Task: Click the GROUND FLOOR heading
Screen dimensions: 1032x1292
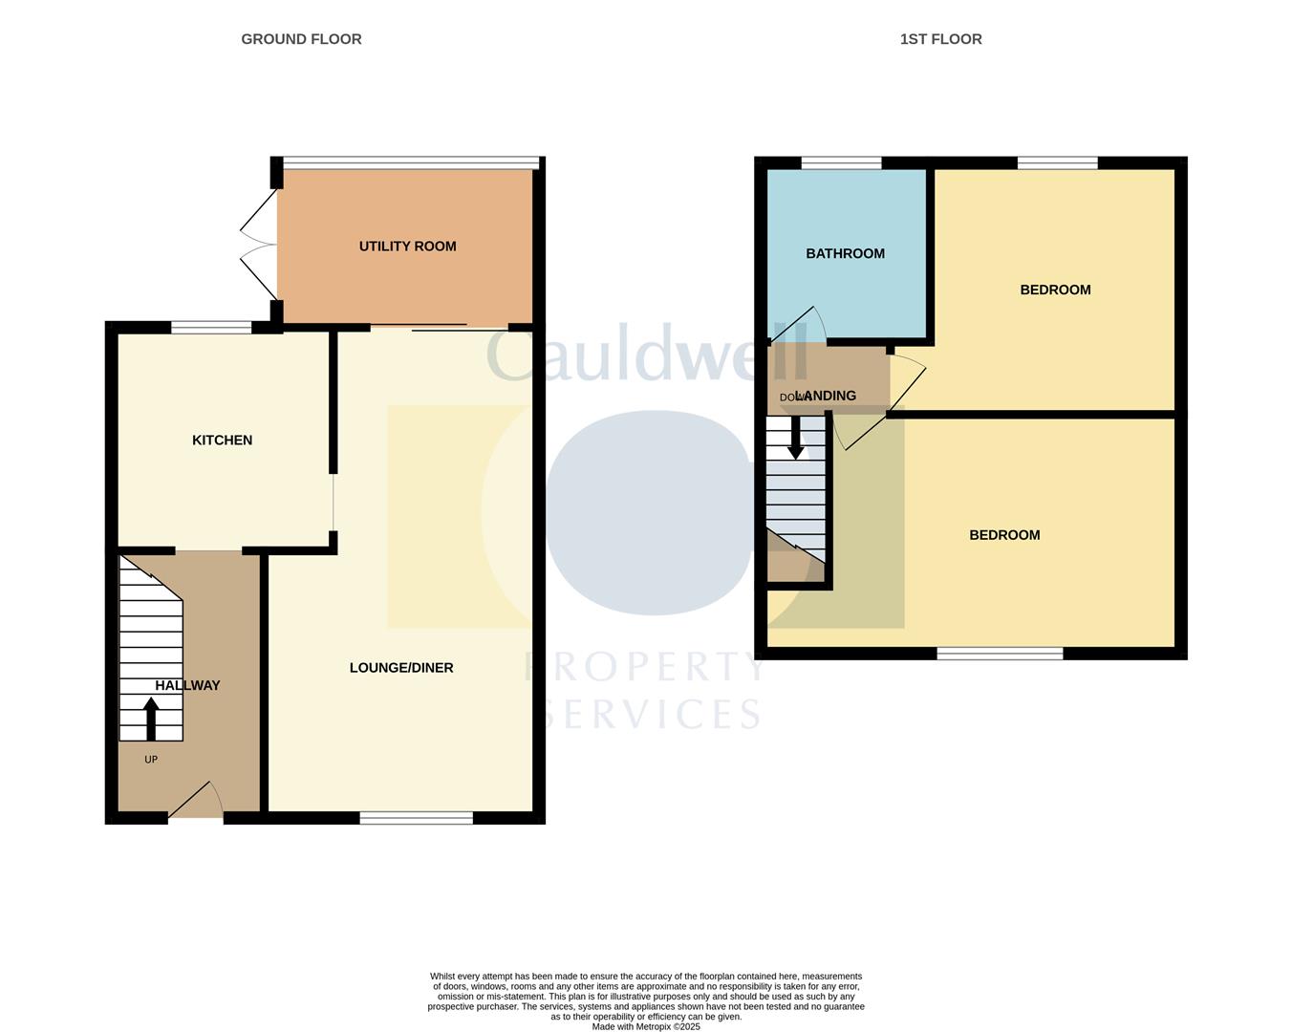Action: [x=301, y=39]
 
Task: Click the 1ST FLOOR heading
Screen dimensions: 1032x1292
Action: [x=940, y=39]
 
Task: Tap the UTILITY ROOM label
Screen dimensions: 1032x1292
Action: [x=407, y=247]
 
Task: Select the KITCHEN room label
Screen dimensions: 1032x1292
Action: [x=222, y=441]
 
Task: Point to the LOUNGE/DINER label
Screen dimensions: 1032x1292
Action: [x=401, y=668]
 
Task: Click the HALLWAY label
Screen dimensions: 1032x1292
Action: [x=188, y=685]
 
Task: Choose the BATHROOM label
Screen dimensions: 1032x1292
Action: [x=845, y=253]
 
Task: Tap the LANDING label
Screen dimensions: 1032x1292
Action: [x=828, y=396]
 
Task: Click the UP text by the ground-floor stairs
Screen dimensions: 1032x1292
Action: [x=151, y=760]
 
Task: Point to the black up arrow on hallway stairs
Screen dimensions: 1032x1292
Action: [x=151, y=719]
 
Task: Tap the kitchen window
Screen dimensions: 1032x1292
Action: [x=211, y=328]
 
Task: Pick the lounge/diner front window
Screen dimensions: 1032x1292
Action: [x=416, y=818]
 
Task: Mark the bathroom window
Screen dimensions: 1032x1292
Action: [x=841, y=163]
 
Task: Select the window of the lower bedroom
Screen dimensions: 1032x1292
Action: [x=1000, y=654]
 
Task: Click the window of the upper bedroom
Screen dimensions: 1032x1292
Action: [x=1057, y=163]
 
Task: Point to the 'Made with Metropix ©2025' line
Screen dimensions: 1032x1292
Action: [x=646, y=1027]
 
